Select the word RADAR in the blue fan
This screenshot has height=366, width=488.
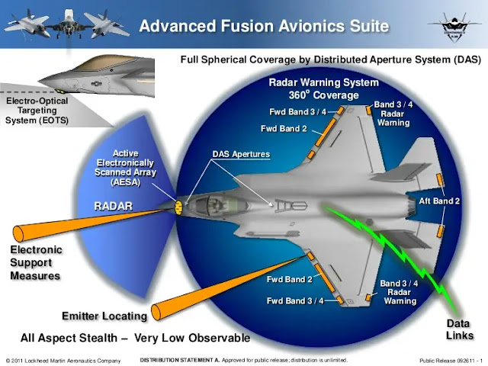click(114, 206)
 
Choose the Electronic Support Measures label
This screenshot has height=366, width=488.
click(36, 262)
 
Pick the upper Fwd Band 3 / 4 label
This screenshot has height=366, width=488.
click(297, 112)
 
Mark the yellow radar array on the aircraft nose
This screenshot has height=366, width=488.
click(181, 206)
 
